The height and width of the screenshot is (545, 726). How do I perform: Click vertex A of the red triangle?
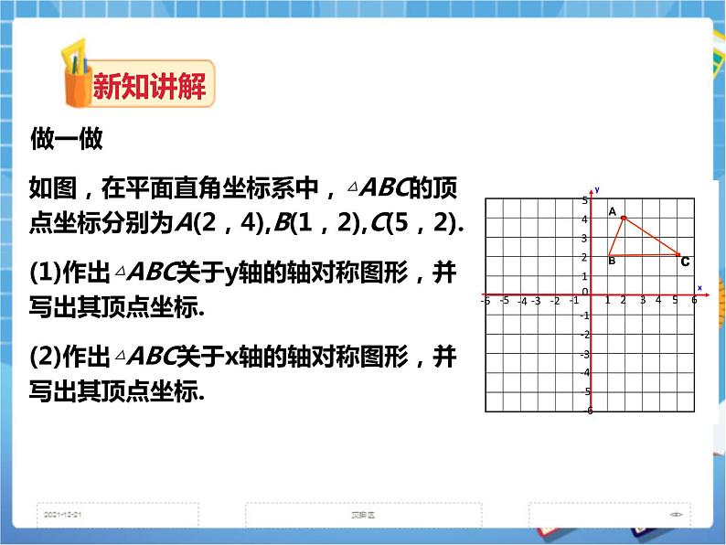point(624,218)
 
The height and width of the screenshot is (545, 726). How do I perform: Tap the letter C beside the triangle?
point(684,262)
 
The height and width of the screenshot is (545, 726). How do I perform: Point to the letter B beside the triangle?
point(611,262)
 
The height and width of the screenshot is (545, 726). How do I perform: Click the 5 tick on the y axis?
point(584,199)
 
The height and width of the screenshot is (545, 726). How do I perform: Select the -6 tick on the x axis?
point(486,301)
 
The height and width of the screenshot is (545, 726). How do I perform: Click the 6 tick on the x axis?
point(695,300)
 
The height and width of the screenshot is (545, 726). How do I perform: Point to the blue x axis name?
point(699,288)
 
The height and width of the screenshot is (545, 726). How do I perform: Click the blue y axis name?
point(596,189)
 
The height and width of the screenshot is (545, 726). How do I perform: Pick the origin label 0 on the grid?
point(584,292)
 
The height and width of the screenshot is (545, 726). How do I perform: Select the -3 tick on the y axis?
point(584,354)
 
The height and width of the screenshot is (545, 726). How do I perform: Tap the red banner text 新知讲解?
point(150,88)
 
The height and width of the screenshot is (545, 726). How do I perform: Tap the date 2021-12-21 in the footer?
point(63,514)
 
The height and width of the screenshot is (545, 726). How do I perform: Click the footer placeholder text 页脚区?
point(363,514)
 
